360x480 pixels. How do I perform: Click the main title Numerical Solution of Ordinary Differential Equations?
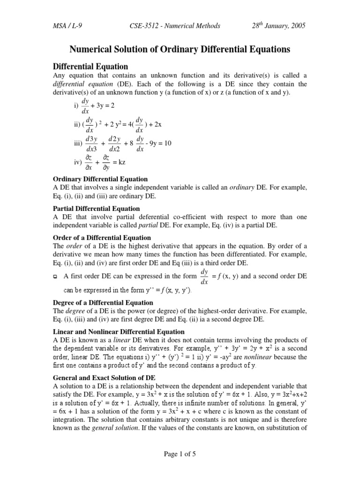pyautogui.click(x=180, y=49)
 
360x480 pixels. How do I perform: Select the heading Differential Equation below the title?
pyautogui.click(x=90, y=66)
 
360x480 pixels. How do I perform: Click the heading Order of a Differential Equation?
pyautogui.click(x=101, y=238)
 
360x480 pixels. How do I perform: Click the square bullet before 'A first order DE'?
pyautogui.click(x=56, y=277)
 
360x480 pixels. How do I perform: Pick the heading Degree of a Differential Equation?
pyautogui.click(x=103, y=303)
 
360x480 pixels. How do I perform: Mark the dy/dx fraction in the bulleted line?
pyautogui.click(x=203, y=277)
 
